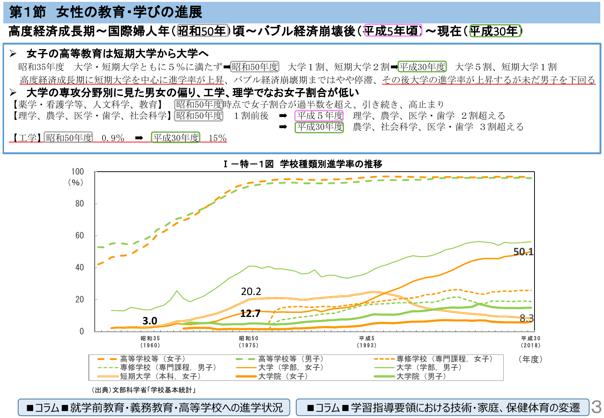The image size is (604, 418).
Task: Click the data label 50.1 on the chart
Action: [x=523, y=252]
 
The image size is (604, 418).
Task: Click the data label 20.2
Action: [x=251, y=292]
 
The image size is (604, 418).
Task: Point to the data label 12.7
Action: [x=250, y=314]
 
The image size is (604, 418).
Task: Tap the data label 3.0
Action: [x=150, y=321]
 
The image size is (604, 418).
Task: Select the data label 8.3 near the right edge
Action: [x=526, y=318]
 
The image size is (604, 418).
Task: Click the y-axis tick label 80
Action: [x=80, y=204]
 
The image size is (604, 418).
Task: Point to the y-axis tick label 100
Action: [x=78, y=172]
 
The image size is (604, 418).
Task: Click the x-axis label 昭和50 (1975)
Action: [x=248, y=342]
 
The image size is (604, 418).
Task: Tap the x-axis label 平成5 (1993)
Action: [x=366, y=342]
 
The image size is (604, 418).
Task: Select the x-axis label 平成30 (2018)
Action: [x=530, y=342]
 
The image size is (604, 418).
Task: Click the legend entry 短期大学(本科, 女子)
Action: [x=160, y=376]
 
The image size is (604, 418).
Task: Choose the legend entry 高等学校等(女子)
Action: [x=152, y=359]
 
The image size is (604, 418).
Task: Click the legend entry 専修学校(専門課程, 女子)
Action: [x=444, y=359]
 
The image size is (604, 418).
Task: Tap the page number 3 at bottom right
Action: [x=596, y=407]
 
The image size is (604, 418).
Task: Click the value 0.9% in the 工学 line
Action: [x=113, y=138]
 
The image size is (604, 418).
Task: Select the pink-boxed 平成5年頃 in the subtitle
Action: [x=393, y=31]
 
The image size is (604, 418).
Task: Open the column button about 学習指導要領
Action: [x=442, y=408]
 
